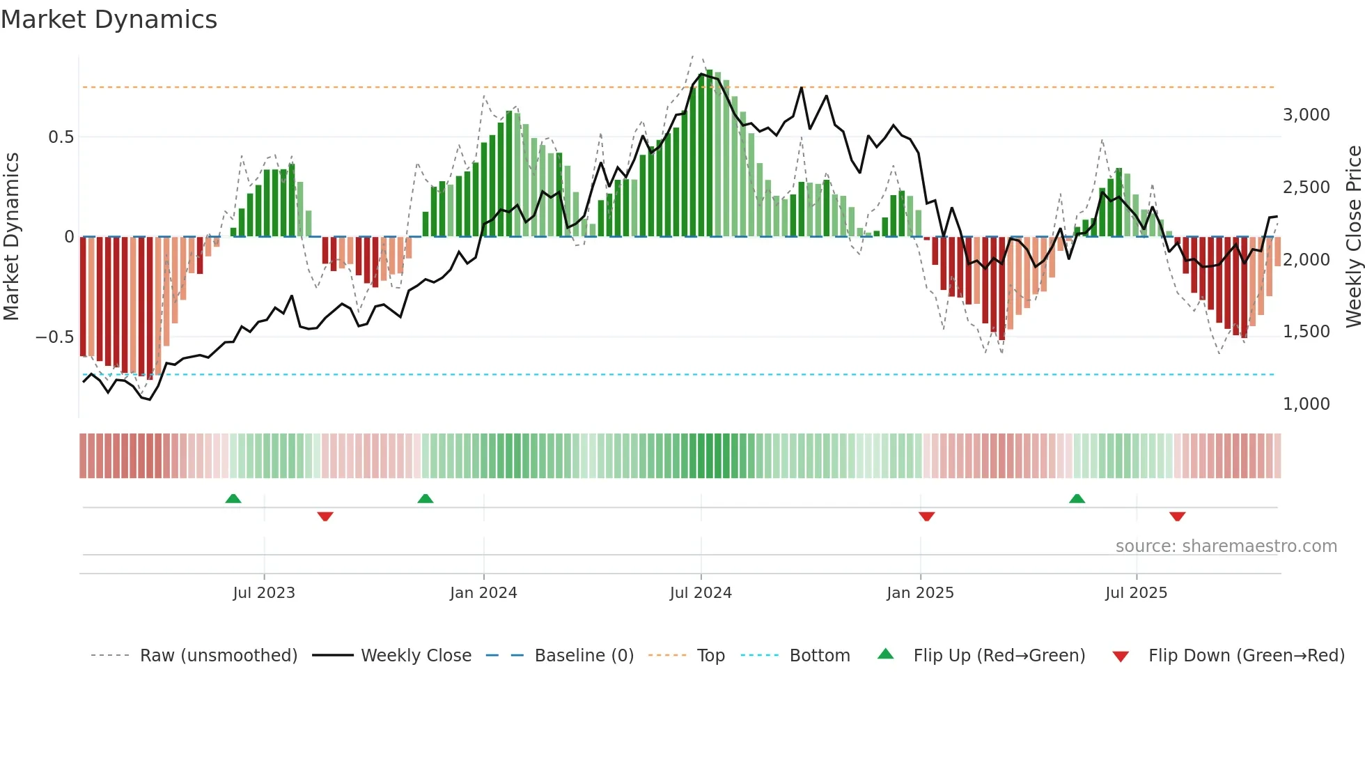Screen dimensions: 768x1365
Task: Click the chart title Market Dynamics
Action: pyautogui.click(x=109, y=20)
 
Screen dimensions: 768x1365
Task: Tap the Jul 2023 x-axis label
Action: pyautogui.click(x=264, y=593)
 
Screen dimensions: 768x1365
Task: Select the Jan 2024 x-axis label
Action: pyautogui.click(x=483, y=593)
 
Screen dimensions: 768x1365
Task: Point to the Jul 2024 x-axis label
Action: pyautogui.click(x=701, y=593)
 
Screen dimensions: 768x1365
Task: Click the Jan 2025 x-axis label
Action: pyautogui.click(x=920, y=593)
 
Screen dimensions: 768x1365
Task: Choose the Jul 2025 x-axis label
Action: pyautogui.click(x=1136, y=593)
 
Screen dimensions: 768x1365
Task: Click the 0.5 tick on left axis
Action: pyautogui.click(x=61, y=137)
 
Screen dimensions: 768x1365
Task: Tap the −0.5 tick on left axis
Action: pyautogui.click(x=55, y=337)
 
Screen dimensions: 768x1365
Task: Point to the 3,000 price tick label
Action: pyautogui.click(x=1306, y=115)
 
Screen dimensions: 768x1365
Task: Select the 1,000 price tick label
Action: pyautogui.click(x=1306, y=404)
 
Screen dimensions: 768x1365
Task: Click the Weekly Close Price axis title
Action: pyautogui.click(x=1353, y=237)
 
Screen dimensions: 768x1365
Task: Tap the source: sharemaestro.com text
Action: pyautogui.click(x=1226, y=546)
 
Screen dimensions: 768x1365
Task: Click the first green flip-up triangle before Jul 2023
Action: pyautogui.click(x=233, y=498)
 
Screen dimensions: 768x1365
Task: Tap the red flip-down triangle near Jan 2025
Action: pyautogui.click(x=926, y=516)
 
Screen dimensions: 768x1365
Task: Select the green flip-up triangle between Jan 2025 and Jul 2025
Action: pyautogui.click(x=1077, y=498)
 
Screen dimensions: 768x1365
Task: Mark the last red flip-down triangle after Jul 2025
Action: pyautogui.click(x=1177, y=516)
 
